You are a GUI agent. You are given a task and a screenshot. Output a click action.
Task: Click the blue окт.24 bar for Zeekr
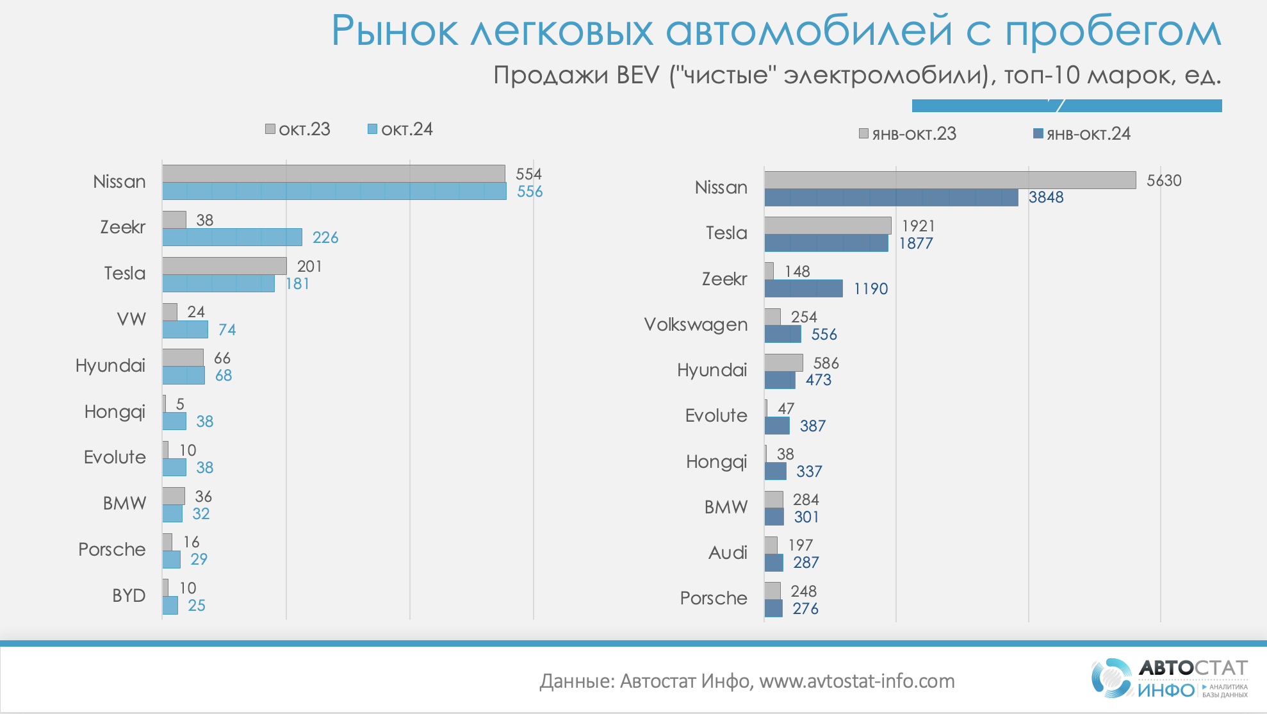[232, 237]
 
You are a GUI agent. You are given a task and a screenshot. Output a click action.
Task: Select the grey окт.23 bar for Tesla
[224, 266]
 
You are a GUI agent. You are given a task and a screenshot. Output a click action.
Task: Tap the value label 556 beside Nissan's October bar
[530, 192]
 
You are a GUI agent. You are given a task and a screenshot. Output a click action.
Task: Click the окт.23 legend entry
[298, 129]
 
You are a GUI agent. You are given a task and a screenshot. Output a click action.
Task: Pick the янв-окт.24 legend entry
[1082, 134]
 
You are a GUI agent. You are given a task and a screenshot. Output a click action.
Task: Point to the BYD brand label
[129, 595]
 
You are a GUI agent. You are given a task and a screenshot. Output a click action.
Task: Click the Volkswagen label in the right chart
[696, 325]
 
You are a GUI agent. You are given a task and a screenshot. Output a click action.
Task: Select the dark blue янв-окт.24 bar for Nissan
[891, 197]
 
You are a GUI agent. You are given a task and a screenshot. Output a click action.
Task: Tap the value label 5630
[1164, 181]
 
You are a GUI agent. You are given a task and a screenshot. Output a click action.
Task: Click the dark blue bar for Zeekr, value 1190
[803, 288]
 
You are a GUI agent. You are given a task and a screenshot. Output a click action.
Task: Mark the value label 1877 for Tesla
[916, 244]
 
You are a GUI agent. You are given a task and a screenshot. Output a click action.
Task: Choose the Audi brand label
[728, 552]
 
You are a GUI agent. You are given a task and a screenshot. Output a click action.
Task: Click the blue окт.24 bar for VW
[185, 329]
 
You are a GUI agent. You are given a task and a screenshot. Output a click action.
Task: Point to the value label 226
[325, 238]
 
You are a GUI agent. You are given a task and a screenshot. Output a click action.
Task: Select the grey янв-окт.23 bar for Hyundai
[783, 363]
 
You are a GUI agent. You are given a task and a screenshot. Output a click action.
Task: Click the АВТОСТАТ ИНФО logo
[1170, 678]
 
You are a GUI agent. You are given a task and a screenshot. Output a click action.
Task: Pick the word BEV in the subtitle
[637, 76]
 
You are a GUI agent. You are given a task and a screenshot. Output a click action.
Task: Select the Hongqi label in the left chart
[115, 411]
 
